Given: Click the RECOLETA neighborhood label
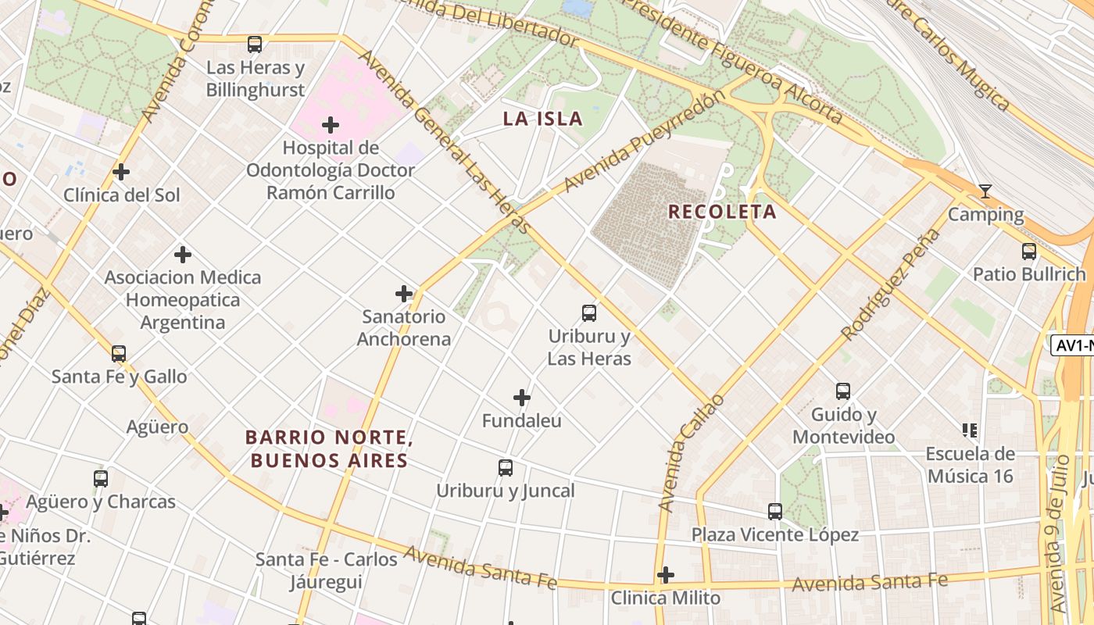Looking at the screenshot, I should (722, 212).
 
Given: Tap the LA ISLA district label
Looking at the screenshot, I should (542, 119).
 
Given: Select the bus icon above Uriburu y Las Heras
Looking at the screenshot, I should (589, 313).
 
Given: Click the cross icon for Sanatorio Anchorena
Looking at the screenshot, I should (404, 294).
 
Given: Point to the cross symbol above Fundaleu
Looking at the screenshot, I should (522, 398).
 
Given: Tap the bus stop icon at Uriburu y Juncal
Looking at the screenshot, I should (506, 468).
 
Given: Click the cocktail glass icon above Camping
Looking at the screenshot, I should (985, 191).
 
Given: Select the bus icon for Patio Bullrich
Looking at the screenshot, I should (1029, 252).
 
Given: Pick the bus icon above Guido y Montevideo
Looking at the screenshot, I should (843, 391).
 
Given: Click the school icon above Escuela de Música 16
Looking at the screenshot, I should (970, 430).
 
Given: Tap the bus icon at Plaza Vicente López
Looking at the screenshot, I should (775, 512).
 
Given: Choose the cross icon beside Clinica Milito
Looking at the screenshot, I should (666, 575).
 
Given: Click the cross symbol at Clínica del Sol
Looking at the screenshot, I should (121, 172).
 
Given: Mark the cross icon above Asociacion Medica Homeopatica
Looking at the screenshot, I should (183, 255).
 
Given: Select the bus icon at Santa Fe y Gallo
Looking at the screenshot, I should (119, 354).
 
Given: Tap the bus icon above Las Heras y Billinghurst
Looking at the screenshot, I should (255, 45).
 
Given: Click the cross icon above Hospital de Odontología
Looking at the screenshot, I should (331, 125).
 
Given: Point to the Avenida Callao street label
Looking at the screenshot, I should (692, 454).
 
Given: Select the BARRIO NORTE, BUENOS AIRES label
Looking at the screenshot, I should (329, 448).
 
